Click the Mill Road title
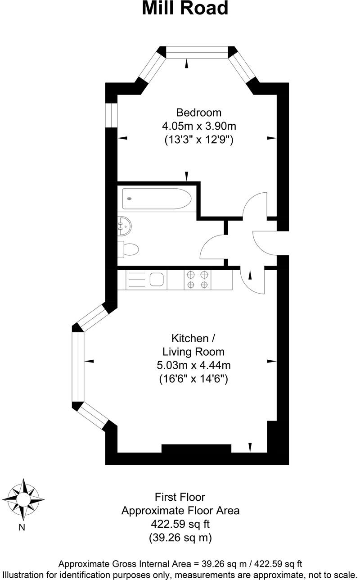point(185,9)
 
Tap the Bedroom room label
point(198,113)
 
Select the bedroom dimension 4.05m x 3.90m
point(198,126)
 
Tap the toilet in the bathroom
point(129,249)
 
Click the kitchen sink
point(157,280)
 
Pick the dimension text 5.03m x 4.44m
point(193,365)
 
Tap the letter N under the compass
point(21,527)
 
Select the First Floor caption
point(180,497)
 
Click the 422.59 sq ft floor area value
point(180,524)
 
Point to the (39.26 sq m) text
point(180,538)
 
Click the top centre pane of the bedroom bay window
point(198,52)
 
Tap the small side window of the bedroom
point(111,116)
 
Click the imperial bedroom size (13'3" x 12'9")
point(198,140)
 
